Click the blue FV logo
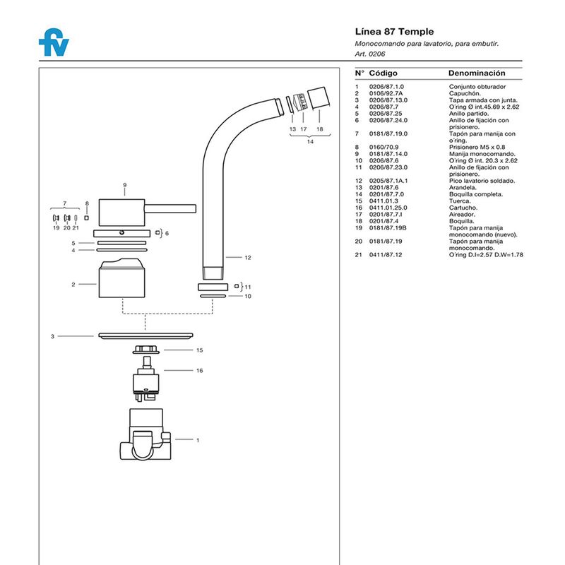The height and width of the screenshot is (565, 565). (x=54, y=43)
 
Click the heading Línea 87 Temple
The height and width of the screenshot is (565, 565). (x=394, y=32)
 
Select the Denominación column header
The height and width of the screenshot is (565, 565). (x=477, y=73)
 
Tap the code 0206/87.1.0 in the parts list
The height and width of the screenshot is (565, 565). (x=386, y=86)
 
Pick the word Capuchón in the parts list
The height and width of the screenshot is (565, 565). (x=465, y=93)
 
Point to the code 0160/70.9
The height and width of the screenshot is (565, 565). (x=384, y=147)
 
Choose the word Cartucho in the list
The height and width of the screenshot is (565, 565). (x=463, y=208)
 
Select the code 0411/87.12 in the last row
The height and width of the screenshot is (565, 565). (x=385, y=254)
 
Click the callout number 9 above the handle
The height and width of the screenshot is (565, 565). (x=124, y=185)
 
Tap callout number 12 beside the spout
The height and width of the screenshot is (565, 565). (x=248, y=258)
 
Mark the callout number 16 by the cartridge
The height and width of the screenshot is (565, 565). (x=199, y=370)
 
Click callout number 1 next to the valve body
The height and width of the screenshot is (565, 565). (x=198, y=440)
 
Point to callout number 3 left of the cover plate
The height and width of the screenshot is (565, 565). (x=52, y=337)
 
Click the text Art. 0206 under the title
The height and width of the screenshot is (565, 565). (x=369, y=54)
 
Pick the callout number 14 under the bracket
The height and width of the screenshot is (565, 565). (x=309, y=142)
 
